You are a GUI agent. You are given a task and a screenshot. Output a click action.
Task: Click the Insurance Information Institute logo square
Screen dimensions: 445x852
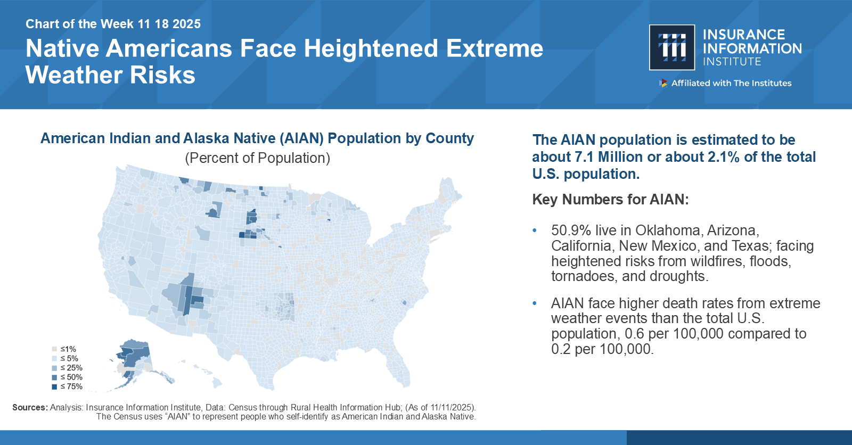click(672, 47)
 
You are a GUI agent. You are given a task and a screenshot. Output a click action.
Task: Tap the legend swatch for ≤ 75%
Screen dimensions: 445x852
click(54, 386)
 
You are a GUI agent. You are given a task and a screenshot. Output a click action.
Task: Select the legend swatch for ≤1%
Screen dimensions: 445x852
click(54, 349)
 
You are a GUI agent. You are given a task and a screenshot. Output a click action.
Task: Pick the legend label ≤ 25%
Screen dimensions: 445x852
click(71, 368)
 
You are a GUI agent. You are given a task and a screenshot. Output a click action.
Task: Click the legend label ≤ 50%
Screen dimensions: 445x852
click(71, 377)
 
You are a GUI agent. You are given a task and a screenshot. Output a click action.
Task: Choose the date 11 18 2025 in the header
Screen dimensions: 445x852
click(169, 24)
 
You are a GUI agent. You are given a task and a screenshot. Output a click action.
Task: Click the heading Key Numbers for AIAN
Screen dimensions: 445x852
click(610, 200)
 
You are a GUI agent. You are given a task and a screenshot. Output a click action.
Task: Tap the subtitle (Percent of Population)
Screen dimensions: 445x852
click(257, 158)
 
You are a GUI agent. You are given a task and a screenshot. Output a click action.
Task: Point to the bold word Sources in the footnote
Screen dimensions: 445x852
click(30, 407)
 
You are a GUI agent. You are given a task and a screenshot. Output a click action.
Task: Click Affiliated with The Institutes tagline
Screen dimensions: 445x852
click(731, 83)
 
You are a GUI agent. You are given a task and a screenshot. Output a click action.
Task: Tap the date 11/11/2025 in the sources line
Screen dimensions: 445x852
click(452, 407)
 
